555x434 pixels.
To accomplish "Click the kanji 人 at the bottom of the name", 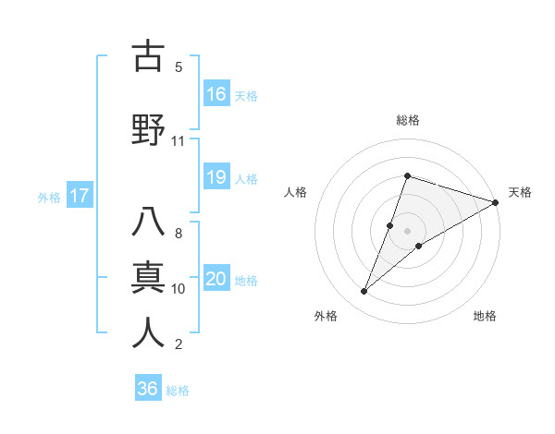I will coord(148,332).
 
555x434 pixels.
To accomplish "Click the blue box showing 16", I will coord(216,94).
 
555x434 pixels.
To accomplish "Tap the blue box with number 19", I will coord(216,177).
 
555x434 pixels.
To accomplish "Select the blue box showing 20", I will coord(216,279).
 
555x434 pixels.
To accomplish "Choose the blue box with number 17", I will coord(79,196).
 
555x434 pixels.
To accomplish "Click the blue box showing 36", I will coord(148,389).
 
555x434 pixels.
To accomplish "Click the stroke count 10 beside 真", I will coord(179,289).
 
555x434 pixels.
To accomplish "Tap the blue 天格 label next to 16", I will coord(246,95).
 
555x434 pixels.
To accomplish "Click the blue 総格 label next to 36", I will coord(178,390).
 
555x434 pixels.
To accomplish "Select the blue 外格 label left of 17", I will coord(49,197).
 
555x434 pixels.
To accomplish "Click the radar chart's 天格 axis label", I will coord(520,192).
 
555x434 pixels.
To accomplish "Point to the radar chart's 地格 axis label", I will coord(485,316).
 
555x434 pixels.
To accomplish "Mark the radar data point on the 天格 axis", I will coord(496,203).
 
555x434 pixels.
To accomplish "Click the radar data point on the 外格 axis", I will coord(364,292).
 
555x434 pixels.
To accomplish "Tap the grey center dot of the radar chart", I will coord(407,230).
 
